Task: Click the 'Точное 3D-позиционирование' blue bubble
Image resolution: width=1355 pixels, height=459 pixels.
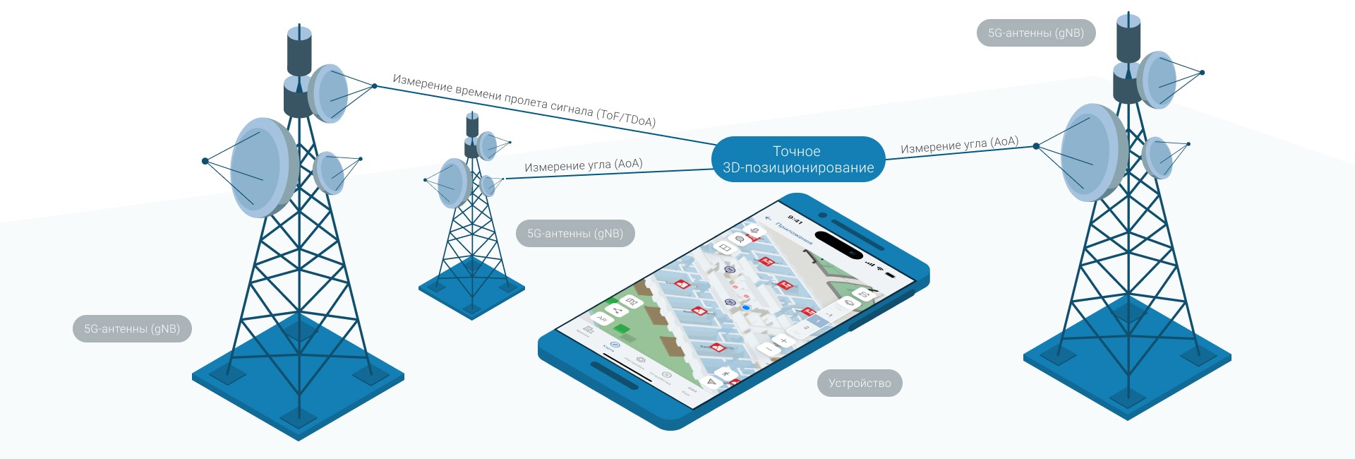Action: pyautogui.click(x=797, y=160)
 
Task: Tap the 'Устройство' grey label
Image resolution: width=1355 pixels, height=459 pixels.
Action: pyautogui.click(x=860, y=383)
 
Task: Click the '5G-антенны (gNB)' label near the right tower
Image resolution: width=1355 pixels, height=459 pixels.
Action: pyautogui.click(x=1035, y=33)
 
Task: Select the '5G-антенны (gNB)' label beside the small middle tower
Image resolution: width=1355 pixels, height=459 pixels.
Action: pyautogui.click(x=575, y=234)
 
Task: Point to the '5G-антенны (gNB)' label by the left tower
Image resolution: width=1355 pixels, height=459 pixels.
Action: pyautogui.click(x=132, y=329)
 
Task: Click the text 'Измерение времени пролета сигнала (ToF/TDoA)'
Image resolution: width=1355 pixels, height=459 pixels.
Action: pyautogui.click(x=524, y=101)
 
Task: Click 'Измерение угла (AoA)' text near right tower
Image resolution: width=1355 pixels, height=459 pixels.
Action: pyautogui.click(x=959, y=145)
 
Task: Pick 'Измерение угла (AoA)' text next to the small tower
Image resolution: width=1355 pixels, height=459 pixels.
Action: pyautogui.click(x=583, y=165)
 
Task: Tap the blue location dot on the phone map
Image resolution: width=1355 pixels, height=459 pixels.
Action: pyautogui.click(x=746, y=308)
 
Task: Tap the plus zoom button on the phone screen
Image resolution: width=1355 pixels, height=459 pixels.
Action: pyautogui.click(x=784, y=341)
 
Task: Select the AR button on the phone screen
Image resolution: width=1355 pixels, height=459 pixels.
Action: pyautogui.click(x=602, y=319)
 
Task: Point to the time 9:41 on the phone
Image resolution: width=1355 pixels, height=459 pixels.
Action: pyautogui.click(x=795, y=220)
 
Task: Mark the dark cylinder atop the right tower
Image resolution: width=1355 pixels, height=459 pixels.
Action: pyautogui.click(x=1128, y=39)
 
